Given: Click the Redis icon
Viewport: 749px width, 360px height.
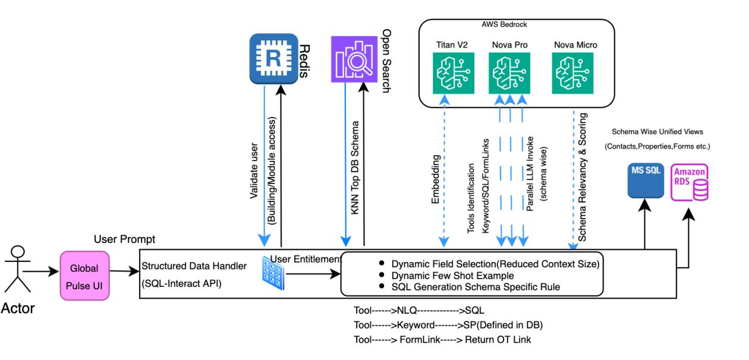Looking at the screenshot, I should point(273,58).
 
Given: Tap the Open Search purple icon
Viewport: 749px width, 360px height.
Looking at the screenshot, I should point(355,59).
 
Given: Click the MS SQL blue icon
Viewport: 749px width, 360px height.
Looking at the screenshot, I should point(645,181).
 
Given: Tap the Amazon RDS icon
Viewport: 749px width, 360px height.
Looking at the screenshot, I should point(690,182).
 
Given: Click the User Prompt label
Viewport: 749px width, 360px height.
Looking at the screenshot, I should point(124,239).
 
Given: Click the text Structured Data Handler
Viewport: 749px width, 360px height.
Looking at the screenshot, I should point(193,266).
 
